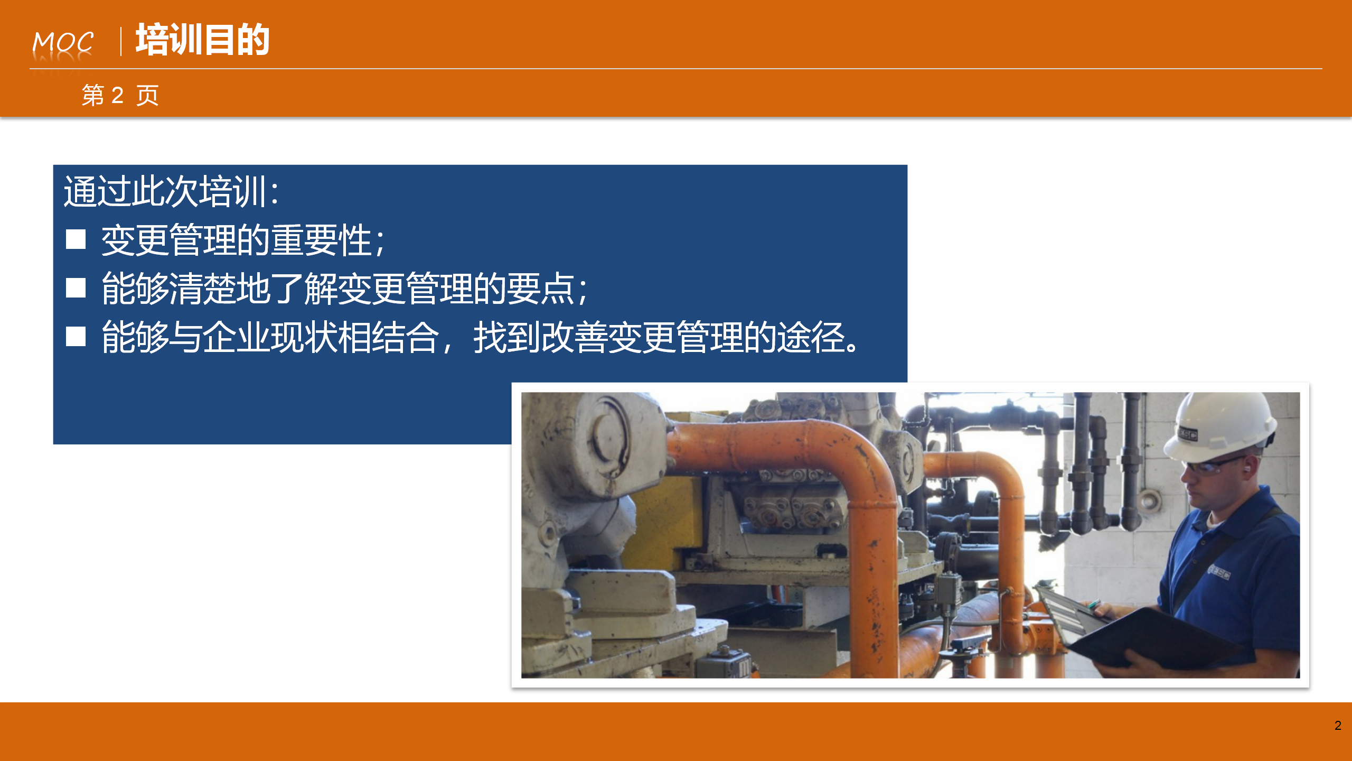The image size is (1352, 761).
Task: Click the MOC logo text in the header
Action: click(63, 42)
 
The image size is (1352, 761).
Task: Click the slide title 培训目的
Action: click(203, 40)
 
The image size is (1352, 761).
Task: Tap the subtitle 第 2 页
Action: click(120, 95)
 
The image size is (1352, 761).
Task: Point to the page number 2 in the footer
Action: click(1338, 726)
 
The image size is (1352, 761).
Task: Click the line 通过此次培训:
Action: click(171, 191)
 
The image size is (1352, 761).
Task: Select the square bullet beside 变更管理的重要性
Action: click(76, 239)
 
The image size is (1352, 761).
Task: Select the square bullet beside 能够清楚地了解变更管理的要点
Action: click(76, 288)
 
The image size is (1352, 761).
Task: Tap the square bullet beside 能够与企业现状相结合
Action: click(76, 336)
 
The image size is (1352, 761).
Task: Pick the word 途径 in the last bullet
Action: click(811, 337)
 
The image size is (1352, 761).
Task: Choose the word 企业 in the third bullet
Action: click(237, 337)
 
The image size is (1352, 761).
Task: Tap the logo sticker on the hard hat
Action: click(1187, 434)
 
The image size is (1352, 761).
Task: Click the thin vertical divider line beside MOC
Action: click(121, 42)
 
